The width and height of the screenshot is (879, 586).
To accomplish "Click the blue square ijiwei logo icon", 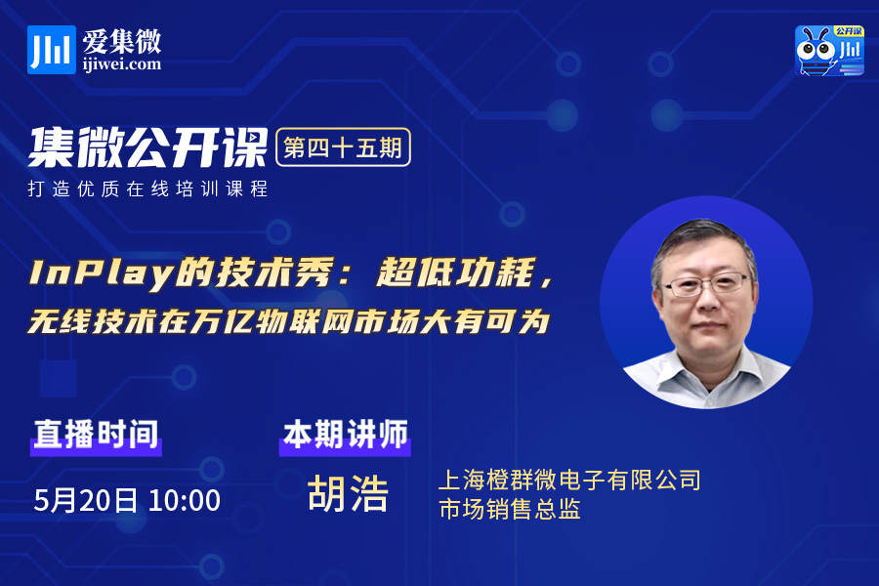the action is click(52, 50).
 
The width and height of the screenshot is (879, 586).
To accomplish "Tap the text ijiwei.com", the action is click(122, 64).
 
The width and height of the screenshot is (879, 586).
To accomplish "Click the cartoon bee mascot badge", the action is click(829, 51).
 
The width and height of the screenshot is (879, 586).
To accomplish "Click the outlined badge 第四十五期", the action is click(343, 147).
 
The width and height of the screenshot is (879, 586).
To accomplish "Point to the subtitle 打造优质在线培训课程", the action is click(148, 188).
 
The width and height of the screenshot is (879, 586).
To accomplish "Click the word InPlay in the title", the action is click(101, 273).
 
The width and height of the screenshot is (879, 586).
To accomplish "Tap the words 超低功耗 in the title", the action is click(455, 272).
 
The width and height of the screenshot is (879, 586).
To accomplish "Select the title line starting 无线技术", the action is click(289, 321).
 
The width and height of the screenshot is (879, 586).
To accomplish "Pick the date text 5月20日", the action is click(85, 500).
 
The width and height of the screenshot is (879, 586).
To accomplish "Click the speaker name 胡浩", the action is click(348, 493).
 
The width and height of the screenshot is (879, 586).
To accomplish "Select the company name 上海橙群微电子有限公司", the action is click(569, 480).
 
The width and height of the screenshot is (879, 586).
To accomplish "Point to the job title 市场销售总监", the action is click(510, 509).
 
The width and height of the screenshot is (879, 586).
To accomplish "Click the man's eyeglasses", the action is click(705, 284).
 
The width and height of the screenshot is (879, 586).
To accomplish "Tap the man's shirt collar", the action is click(707, 374).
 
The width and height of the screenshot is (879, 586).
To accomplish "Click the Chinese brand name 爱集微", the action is click(122, 41).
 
